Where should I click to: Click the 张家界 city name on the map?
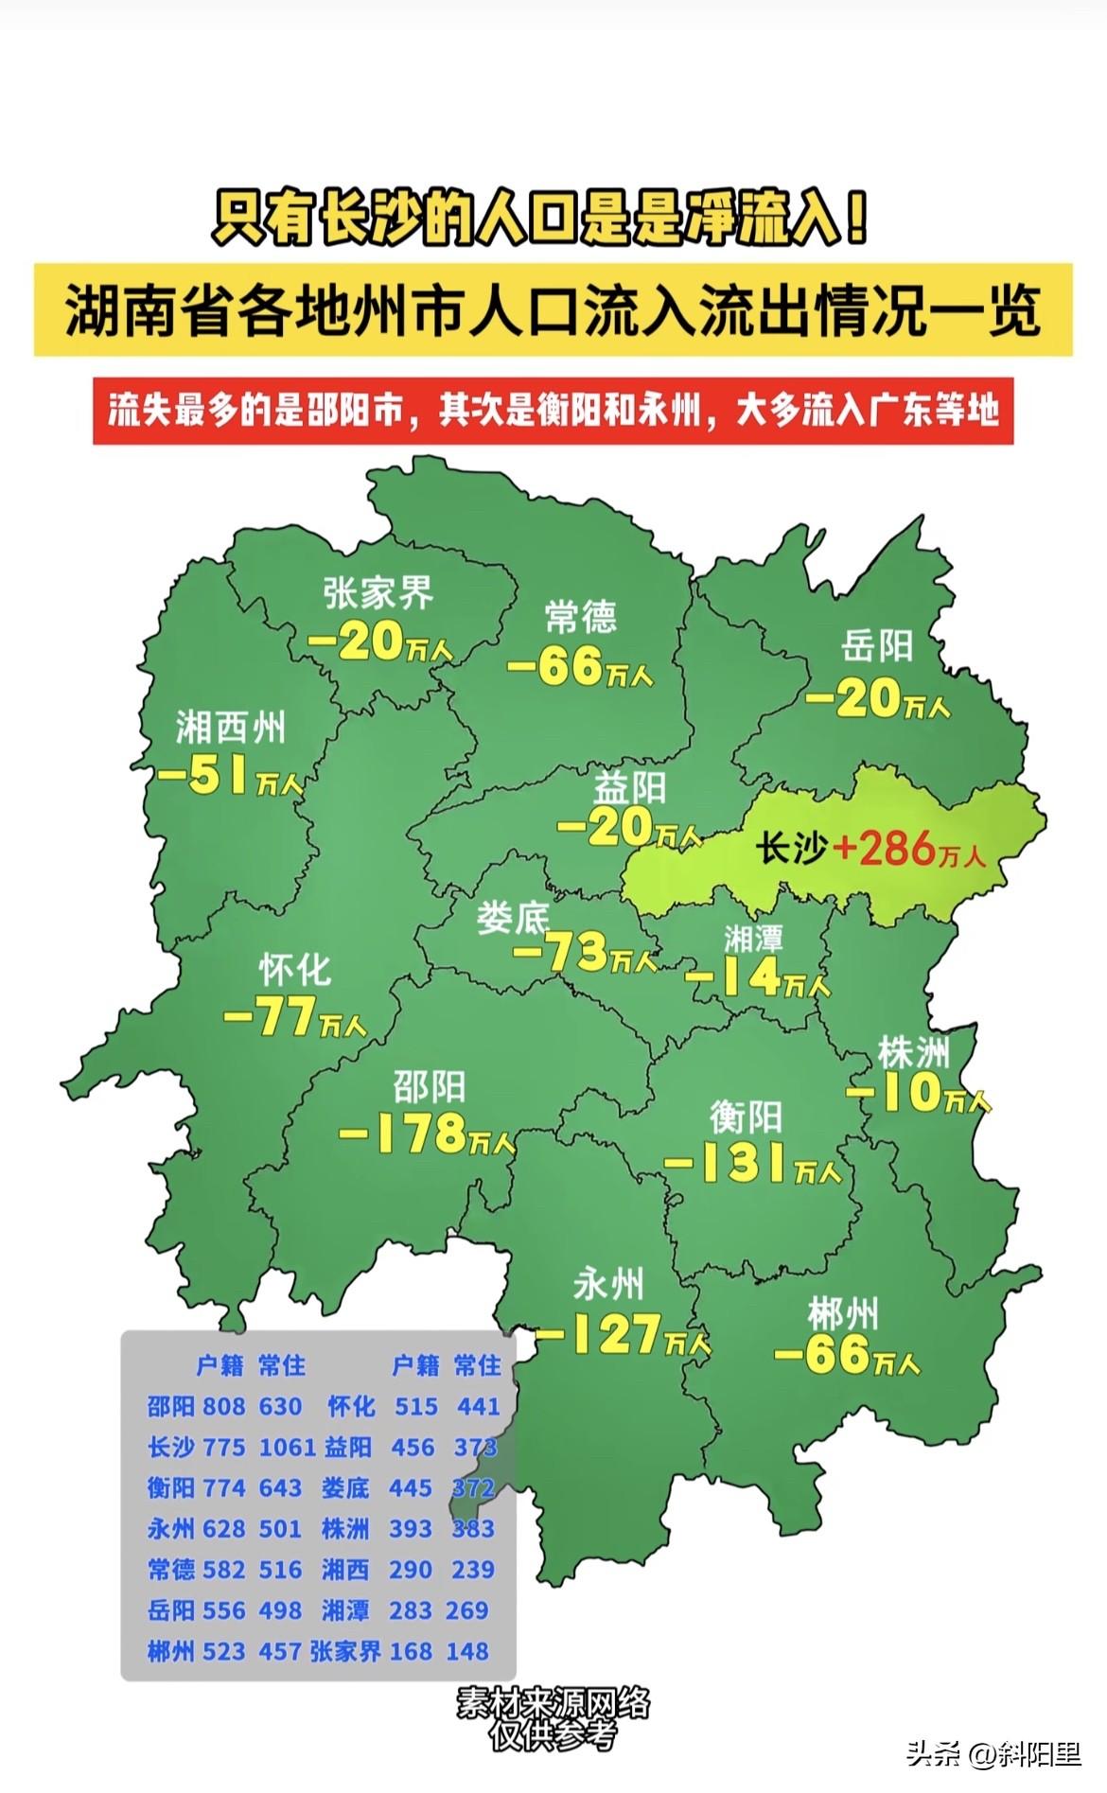(x=378, y=593)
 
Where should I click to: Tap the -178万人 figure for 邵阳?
(x=426, y=1134)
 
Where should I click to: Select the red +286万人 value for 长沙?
(x=909, y=849)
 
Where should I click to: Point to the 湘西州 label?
(x=230, y=728)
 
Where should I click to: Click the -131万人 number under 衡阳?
(x=752, y=1164)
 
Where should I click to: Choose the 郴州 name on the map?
(x=842, y=1313)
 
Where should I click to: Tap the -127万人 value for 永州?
(x=623, y=1334)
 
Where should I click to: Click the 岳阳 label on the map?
(x=877, y=646)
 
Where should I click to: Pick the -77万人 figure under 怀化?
(x=294, y=1017)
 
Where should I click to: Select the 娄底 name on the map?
(x=512, y=917)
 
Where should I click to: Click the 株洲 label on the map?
(x=913, y=1051)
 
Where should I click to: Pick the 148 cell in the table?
(x=467, y=1651)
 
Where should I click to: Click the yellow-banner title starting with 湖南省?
(x=553, y=310)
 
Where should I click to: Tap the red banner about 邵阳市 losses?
(x=553, y=411)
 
